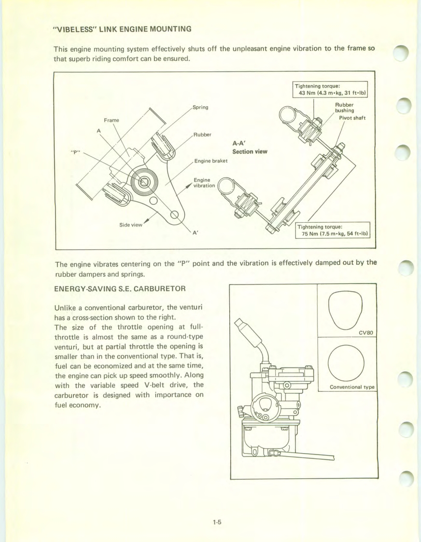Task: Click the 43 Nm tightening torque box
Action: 331,90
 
